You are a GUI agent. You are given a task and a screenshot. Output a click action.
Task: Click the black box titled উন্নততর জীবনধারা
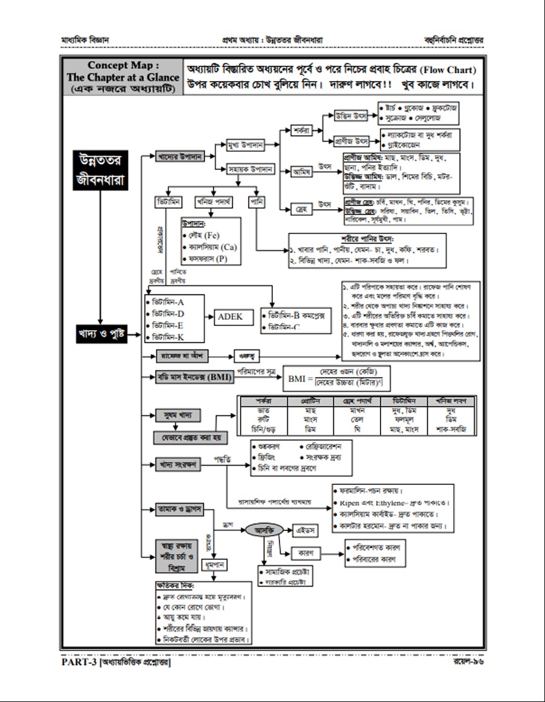point(100,170)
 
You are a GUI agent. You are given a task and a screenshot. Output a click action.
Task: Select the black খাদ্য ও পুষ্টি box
point(101,333)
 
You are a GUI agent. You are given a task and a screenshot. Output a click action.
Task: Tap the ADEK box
point(230,316)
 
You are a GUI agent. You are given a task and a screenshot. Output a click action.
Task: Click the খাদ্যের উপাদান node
point(179,157)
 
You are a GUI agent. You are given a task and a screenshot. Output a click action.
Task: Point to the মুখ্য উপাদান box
point(245,145)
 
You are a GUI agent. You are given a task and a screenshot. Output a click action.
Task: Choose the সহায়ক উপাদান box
point(250,170)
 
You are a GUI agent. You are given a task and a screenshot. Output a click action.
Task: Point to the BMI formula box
point(339,379)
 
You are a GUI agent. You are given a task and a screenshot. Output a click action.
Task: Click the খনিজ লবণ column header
point(451,401)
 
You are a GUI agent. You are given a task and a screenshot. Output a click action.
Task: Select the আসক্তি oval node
point(264,530)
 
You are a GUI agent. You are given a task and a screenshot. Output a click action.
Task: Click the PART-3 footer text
point(116,662)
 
